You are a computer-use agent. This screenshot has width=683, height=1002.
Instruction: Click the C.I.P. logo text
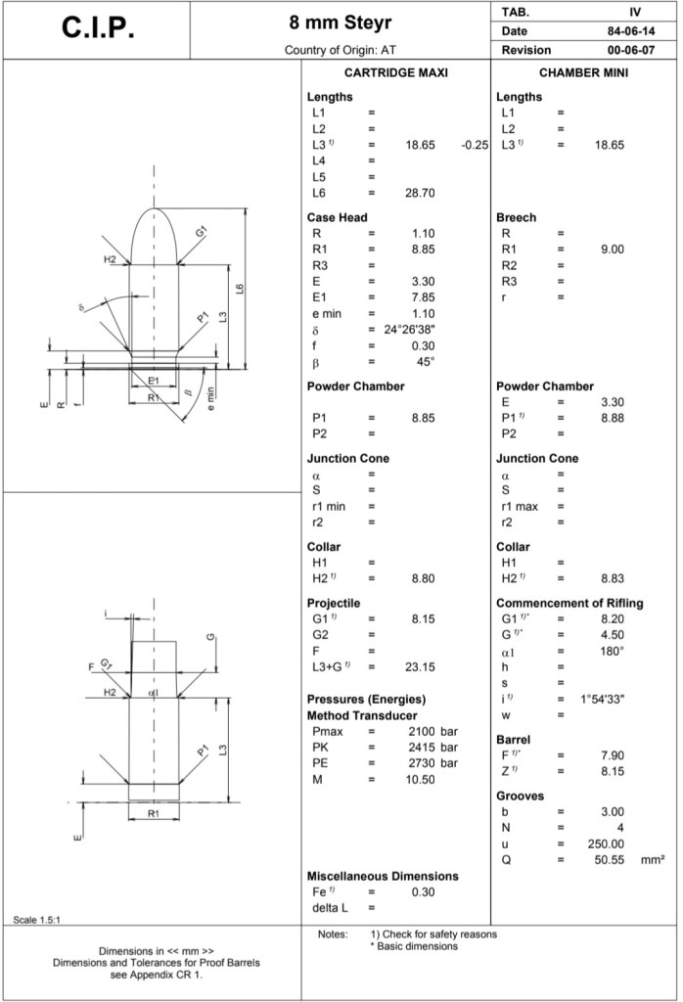(98, 28)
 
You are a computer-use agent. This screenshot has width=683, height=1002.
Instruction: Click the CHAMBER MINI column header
(583, 73)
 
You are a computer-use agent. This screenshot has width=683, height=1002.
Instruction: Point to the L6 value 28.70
(420, 193)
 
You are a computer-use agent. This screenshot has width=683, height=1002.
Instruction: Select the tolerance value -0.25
(475, 145)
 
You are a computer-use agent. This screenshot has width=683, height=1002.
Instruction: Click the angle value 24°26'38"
(409, 329)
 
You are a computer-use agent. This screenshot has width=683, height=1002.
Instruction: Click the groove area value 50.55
(609, 859)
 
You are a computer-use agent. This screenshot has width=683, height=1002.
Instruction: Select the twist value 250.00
(605, 843)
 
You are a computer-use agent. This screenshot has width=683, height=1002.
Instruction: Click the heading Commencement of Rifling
(569, 603)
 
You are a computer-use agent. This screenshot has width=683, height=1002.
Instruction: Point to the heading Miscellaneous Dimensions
(383, 876)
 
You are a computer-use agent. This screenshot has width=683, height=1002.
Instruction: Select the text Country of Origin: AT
(340, 50)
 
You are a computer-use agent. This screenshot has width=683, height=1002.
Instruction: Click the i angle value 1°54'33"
(600, 699)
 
